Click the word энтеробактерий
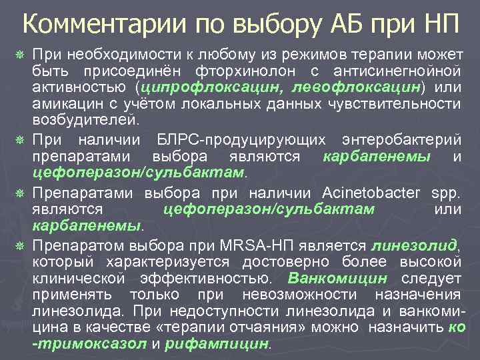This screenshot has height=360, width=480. tap(403, 140)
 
